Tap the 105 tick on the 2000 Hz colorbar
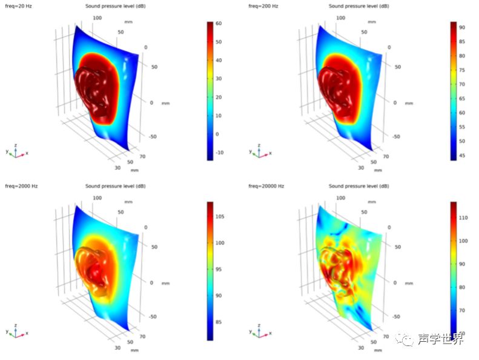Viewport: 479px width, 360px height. [221, 215]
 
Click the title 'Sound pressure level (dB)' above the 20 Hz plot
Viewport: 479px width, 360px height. [111, 6]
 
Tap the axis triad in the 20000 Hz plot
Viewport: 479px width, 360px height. [259, 331]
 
